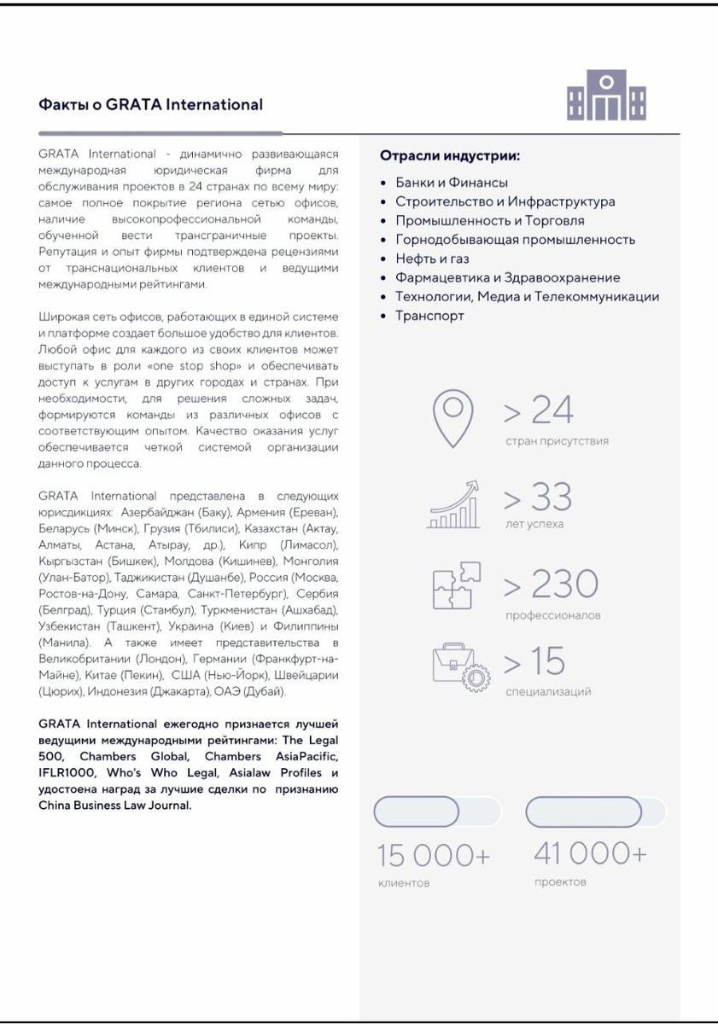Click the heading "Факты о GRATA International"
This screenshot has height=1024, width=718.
click(150, 105)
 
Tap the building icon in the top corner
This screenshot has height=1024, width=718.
click(607, 96)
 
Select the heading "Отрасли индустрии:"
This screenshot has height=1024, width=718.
click(450, 157)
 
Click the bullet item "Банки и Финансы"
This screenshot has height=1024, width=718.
click(452, 183)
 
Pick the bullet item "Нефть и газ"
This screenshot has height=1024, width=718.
click(432, 259)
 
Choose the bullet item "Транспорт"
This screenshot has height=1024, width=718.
click(429, 316)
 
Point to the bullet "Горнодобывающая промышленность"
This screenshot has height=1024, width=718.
click(515, 240)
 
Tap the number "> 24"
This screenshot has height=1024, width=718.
click(538, 411)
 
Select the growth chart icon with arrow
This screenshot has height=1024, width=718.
click(453, 505)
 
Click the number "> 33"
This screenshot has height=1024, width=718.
click(538, 497)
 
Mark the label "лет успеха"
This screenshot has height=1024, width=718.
click(534, 524)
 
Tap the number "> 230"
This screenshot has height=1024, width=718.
click(551, 585)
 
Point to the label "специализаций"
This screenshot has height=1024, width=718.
click(548, 692)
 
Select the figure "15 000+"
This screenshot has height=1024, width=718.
click(434, 856)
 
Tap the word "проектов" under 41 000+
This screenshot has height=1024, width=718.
click(560, 881)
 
